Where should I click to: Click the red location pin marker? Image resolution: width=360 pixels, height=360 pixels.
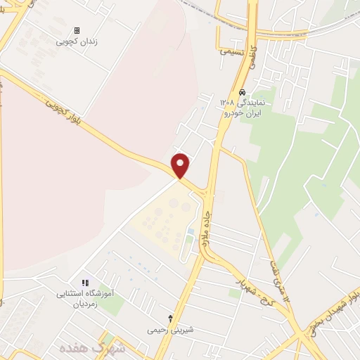click(x=181, y=166)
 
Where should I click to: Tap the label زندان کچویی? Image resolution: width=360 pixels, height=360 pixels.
click(x=77, y=41)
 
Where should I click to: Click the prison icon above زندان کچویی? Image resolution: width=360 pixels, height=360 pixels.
click(x=77, y=31)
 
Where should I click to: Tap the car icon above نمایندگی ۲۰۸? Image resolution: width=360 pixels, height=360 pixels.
click(x=242, y=93)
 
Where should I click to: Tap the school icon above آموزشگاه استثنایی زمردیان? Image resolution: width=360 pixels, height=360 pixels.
click(x=85, y=283)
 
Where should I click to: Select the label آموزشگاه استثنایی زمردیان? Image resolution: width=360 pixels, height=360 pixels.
click(x=91, y=298)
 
